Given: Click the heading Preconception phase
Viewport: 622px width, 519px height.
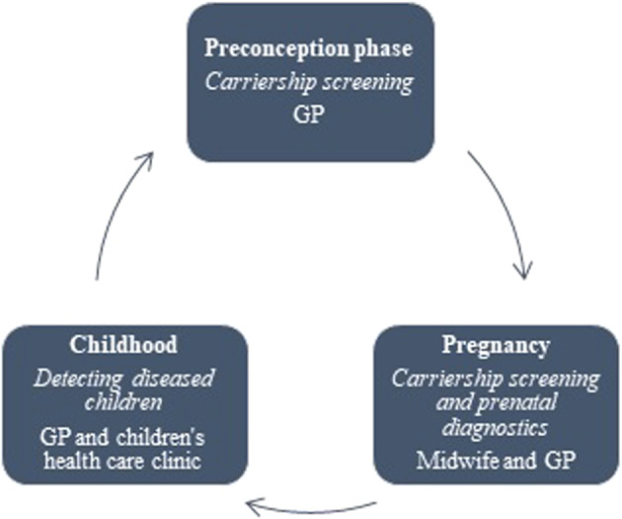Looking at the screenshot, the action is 309,49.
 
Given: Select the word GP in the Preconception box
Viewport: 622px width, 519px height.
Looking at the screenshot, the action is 309,115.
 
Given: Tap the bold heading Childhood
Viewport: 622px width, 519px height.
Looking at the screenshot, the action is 123,344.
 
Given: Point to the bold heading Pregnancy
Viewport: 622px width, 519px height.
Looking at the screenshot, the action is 496,346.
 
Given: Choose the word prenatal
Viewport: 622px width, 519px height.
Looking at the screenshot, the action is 517,404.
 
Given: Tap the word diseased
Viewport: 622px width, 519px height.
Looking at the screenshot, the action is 173,379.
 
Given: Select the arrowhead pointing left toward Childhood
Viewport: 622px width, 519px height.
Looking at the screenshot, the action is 252,505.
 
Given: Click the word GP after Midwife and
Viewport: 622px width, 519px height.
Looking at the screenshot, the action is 560,461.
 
